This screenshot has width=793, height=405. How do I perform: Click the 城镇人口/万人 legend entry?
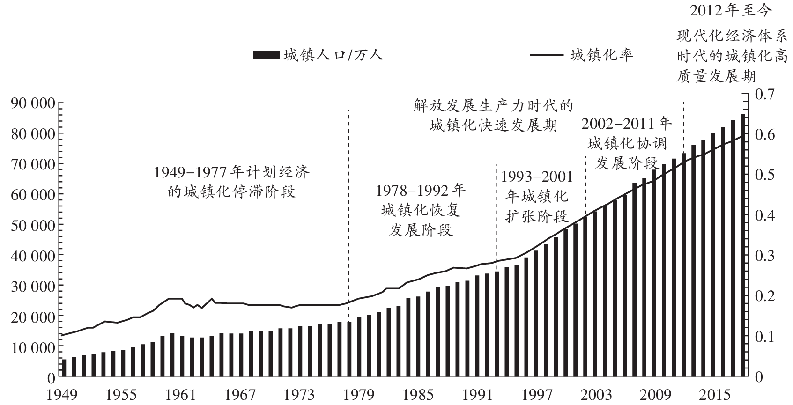click(319, 55)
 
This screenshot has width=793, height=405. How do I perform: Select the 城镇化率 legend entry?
click(582, 55)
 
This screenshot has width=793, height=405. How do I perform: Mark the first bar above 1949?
click(64, 367)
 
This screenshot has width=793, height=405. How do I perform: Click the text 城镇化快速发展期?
click(493, 125)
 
